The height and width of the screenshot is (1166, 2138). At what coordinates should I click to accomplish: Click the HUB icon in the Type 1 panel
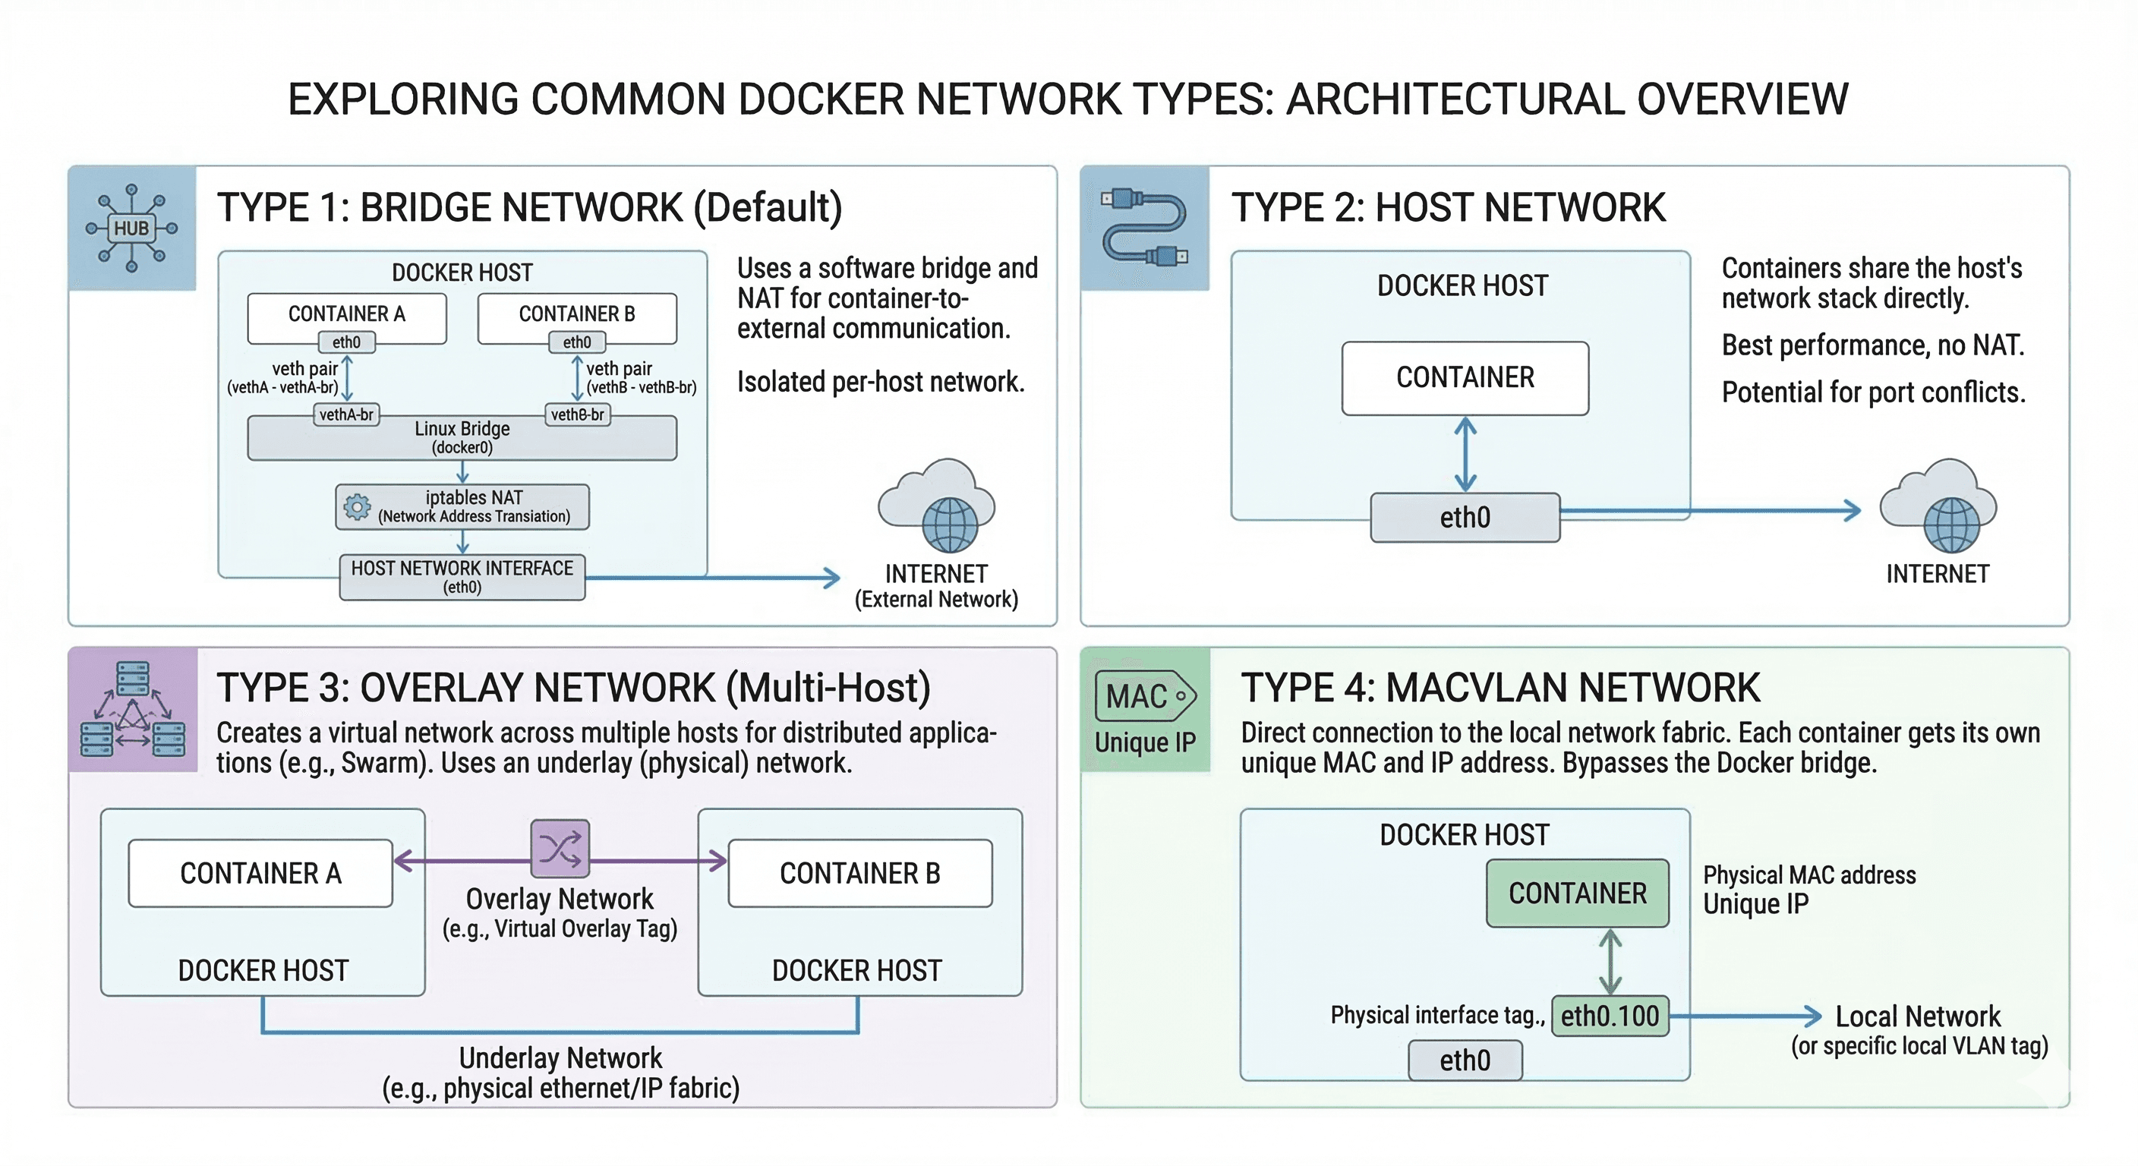pos(131,228)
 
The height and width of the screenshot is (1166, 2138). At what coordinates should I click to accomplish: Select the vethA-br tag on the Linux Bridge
pos(346,414)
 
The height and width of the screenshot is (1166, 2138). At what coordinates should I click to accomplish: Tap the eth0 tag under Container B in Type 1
pos(577,342)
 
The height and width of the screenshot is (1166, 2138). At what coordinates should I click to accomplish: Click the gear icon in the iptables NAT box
pos(357,506)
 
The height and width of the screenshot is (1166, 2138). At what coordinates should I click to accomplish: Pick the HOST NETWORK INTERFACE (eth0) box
pos(462,577)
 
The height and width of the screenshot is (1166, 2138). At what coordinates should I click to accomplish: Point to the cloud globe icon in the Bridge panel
pos(938,507)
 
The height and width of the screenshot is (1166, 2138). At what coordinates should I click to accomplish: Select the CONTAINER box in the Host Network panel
pos(1465,377)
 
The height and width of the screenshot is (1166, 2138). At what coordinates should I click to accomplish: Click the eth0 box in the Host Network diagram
pos(1465,517)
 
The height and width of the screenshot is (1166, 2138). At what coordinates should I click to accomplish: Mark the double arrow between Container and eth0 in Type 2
pos(1466,454)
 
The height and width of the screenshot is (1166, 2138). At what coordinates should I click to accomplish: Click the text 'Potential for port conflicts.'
pos(1873,392)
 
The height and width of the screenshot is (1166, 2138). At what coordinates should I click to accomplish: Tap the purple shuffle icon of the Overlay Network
pos(560,848)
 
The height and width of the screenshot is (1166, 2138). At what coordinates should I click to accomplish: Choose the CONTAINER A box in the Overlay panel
pos(260,873)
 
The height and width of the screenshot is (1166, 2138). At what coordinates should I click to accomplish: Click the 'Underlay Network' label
pos(560,1058)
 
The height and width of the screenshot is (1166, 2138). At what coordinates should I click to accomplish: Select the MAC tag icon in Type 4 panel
pos(1146,696)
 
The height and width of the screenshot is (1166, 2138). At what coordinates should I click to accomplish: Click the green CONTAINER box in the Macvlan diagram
pos(1577,893)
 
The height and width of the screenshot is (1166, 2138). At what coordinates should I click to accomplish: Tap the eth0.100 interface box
pos(1610,1016)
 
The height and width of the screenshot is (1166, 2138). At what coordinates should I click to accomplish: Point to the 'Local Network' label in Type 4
pos(1917,1016)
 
